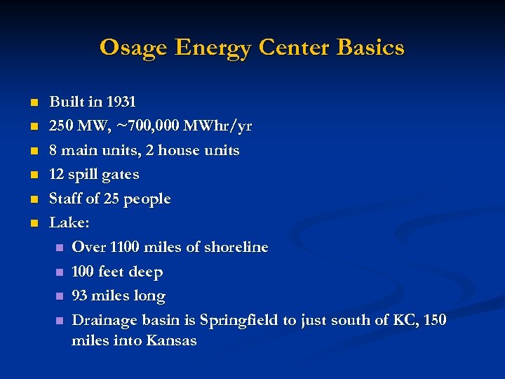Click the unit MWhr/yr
coord(217,126)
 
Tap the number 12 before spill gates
coord(57,174)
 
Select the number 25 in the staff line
coord(112,199)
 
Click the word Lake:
coord(69,223)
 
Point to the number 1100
coord(127,247)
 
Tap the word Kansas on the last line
coord(171,341)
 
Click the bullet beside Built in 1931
coord(32,102)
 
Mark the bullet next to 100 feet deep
coord(59,272)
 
